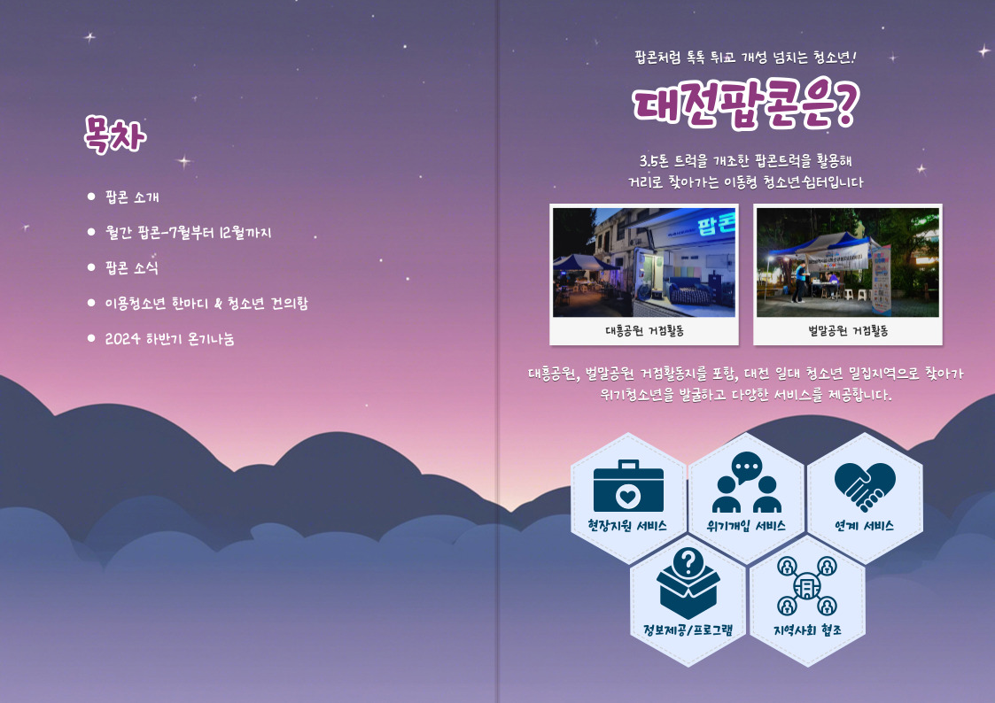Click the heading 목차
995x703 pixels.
pyautogui.click(x=115, y=135)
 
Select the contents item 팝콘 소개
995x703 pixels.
pyautogui.click(x=132, y=197)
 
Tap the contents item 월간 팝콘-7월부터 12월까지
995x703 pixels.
pyautogui.click(x=188, y=233)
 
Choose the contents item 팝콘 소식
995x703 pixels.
pyautogui.click(x=131, y=267)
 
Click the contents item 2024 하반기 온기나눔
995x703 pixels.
pyautogui.click(x=169, y=338)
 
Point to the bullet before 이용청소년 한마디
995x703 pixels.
pyautogui.click(x=91, y=303)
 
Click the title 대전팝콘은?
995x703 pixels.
pyautogui.click(x=746, y=104)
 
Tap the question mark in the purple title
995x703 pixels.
pyautogui.click(x=844, y=102)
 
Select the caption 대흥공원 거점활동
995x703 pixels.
pyautogui.click(x=644, y=331)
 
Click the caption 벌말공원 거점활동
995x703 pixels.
pyautogui.click(x=848, y=331)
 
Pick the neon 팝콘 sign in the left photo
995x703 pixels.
pyautogui.click(x=716, y=223)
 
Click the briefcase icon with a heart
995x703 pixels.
pyautogui.click(x=628, y=485)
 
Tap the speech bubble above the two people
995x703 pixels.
pyautogui.click(x=746, y=467)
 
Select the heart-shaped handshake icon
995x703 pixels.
pyautogui.click(x=864, y=486)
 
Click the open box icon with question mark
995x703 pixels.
pyautogui.click(x=688, y=583)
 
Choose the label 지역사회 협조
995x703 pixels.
pyautogui.click(x=807, y=630)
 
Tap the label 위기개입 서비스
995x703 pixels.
pyautogui.click(x=746, y=526)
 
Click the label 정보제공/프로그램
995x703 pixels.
pyautogui.click(x=688, y=630)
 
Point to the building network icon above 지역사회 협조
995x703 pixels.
pyautogui.click(x=807, y=586)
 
